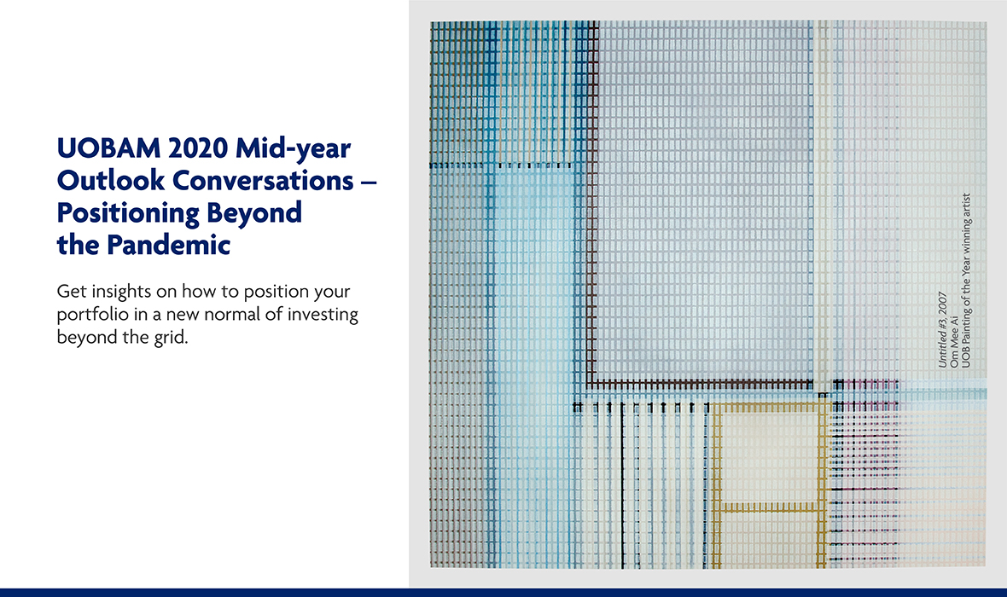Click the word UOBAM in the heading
coord(108,148)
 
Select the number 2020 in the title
coord(198,148)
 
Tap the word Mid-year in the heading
coord(293,149)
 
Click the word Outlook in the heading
coord(110,181)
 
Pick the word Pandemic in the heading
coord(168,245)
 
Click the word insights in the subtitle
coord(122,292)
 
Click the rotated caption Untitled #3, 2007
coord(942,330)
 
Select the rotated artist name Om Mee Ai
coord(954,341)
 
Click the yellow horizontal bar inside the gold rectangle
coord(769,508)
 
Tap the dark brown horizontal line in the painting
coord(700,385)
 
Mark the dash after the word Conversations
coord(369,183)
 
